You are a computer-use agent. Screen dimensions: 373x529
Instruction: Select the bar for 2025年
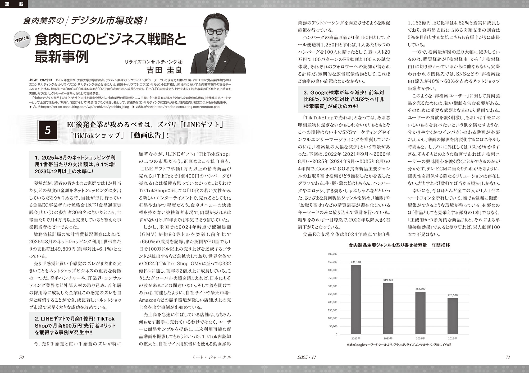452,316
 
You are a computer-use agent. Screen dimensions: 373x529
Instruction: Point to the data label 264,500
420,289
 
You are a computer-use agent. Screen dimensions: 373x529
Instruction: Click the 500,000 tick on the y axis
332,254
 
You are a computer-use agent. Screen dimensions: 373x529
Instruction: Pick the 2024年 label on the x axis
420,338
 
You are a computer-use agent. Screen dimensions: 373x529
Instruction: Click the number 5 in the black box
48,130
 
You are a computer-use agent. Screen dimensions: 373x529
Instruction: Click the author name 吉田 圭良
164,70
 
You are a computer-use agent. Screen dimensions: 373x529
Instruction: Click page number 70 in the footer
21,357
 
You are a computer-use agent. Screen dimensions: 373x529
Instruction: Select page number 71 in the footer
508,357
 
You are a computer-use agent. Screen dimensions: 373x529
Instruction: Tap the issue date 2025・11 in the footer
307,357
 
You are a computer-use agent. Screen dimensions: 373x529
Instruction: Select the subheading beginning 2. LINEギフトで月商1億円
75,326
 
